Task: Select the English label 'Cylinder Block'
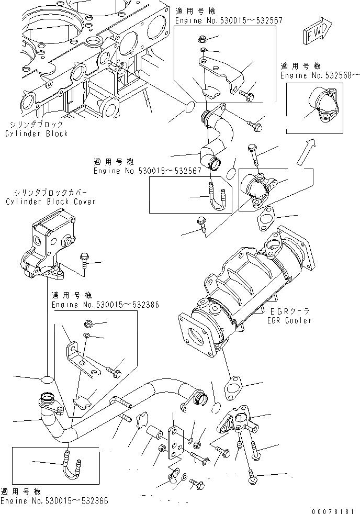[37, 133]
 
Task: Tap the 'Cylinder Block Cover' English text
[50, 202]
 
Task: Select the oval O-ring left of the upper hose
[187, 109]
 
